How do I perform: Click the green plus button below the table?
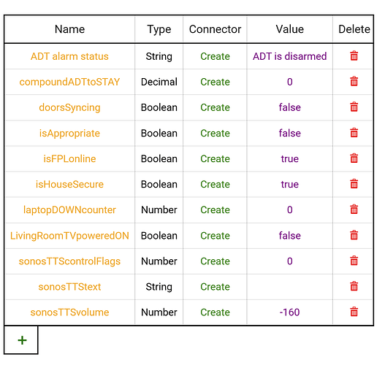(22, 340)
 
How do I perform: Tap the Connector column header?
(215, 29)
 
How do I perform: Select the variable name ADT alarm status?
(69, 56)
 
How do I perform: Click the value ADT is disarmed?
(290, 56)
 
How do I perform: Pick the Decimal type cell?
(159, 82)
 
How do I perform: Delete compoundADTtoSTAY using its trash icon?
(354, 82)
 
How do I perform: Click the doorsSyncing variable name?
(69, 108)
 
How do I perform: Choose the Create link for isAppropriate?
(215, 133)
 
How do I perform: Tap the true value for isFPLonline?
(290, 159)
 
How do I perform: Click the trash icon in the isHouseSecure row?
(354, 184)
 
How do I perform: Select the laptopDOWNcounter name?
(69, 210)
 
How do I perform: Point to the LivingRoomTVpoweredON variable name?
(69, 236)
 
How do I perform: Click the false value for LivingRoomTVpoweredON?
(290, 236)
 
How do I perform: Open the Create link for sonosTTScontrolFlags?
(215, 261)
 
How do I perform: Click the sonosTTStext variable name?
(69, 287)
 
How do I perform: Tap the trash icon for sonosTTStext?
(354, 286)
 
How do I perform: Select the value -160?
(290, 312)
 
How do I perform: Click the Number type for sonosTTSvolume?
(159, 312)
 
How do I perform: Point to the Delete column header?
(354, 29)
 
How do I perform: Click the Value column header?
(290, 29)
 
